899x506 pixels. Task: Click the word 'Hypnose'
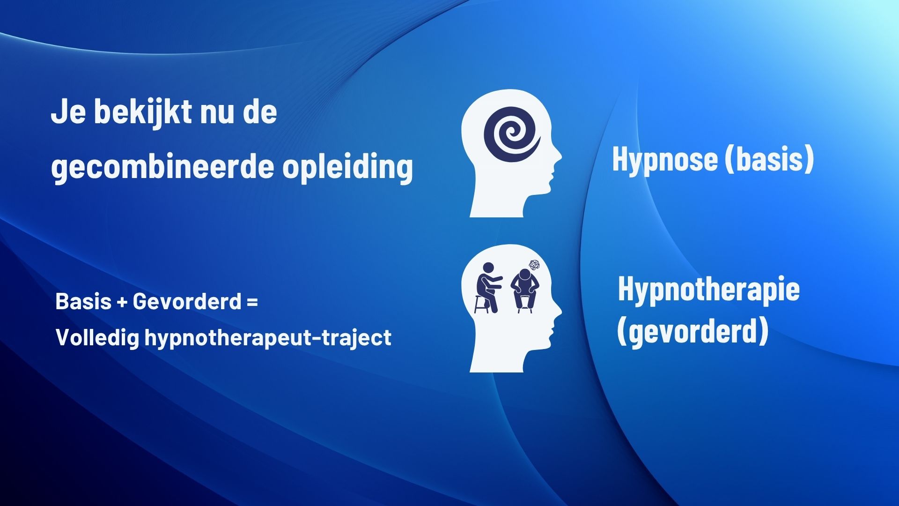pyautogui.click(x=664, y=159)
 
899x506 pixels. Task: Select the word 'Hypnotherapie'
pyautogui.click(x=708, y=289)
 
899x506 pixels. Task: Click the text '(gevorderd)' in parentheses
pyautogui.click(x=693, y=331)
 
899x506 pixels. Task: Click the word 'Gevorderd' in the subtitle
pyautogui.click(x=186, y=301)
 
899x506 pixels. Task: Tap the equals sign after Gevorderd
pyautogui.click(x=252, y=302)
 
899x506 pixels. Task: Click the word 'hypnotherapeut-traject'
pyautogui.click(x=267, y=337)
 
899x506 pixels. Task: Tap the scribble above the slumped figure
pyautogui.click(x=533, y=266)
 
